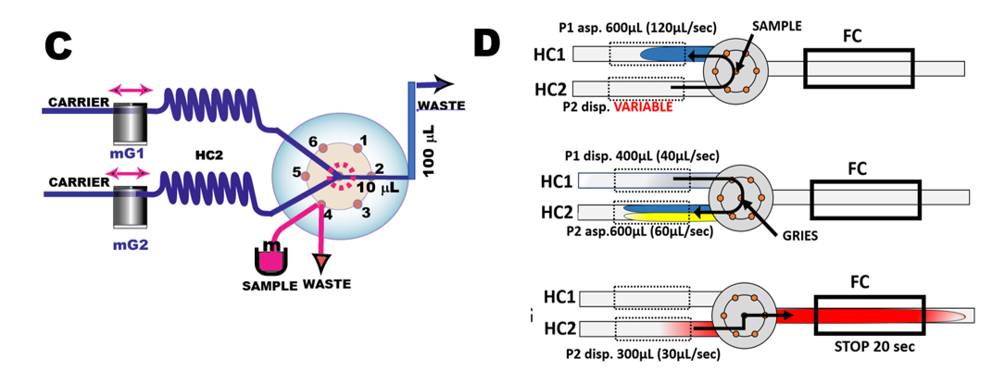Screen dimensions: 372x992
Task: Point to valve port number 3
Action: [x=365, y=214]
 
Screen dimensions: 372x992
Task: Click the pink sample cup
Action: [x=270, y=259]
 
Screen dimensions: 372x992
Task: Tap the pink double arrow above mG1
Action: [x=131, y=90]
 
